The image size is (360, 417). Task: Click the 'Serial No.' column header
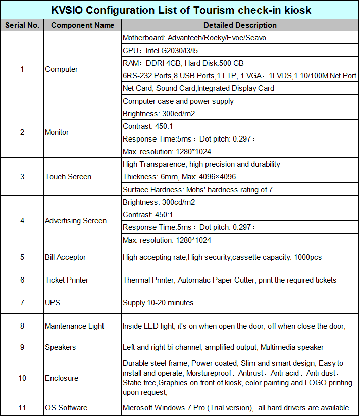click(x=22, y=25)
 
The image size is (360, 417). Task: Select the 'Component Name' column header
click(x=82, y=25)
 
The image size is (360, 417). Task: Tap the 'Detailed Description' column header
click(x=240, y=25)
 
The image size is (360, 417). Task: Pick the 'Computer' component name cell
click(x=61, y=69)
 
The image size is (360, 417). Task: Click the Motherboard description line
click(x=194, y=38)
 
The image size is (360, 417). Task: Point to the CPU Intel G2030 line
click(x=171, y=51)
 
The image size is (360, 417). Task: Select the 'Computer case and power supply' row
click(x=178, y=101)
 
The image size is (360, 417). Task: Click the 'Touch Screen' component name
click(x=68, y=177)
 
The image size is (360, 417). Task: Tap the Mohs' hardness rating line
click(x=198, y=190)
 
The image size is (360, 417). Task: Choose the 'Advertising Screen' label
click(x=76, y=221)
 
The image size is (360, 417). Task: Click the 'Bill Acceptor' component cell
click(x=65, y=257)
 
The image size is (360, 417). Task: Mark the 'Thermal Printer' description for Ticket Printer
click(x=229, y=280)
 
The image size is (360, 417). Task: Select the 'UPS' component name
click(x=52, y=303)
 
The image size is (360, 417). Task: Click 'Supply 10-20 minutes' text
click(x=158, y=303)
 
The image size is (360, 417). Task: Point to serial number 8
click(x=22, y=326)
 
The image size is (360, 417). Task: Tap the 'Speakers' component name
click(x=60, y=347)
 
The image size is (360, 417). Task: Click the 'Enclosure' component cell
click(x=62, y=378)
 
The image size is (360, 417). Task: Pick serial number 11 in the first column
click(x=22, y=408)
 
